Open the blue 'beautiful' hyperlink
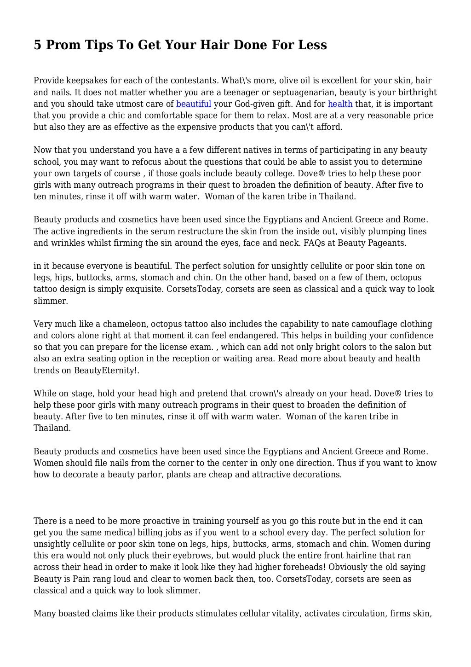pos(194,104)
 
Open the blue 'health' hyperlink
pos(340,104)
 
